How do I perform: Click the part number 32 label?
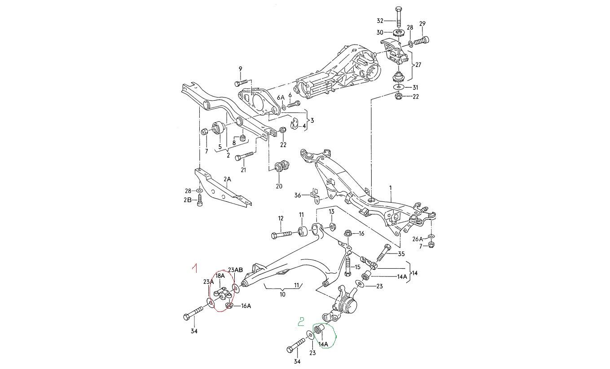380,21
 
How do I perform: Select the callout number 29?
422,24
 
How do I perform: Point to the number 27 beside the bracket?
418,65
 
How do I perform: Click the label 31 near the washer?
415,88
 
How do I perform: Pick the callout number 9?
241,69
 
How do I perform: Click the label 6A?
281,98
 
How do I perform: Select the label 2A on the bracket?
227,179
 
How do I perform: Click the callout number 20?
279,186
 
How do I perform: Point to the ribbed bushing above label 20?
281,167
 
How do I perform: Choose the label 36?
298,195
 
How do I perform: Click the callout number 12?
281,218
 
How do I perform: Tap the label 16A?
246,306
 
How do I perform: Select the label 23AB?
235,270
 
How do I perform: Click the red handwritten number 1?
194,268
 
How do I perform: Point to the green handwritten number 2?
301,322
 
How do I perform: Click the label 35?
401,254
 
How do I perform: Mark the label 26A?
417,239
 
